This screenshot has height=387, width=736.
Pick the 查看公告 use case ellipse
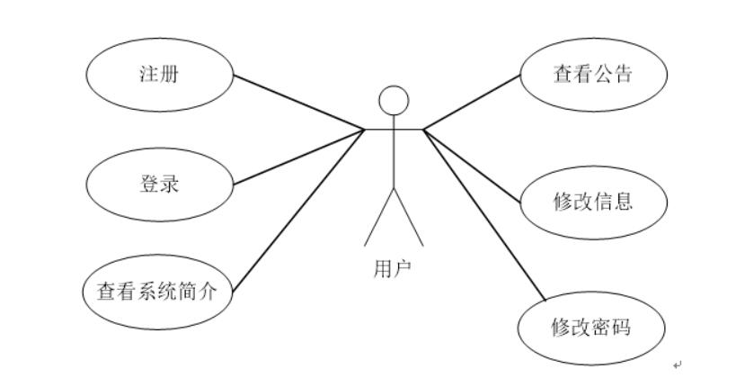593,74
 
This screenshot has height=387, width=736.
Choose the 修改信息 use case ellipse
593,201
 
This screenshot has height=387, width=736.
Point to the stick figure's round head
393,101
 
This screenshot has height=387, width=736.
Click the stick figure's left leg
378,217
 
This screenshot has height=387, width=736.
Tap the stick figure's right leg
408,217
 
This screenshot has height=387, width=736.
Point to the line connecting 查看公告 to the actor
472,100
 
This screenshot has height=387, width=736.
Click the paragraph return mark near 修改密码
678,364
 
